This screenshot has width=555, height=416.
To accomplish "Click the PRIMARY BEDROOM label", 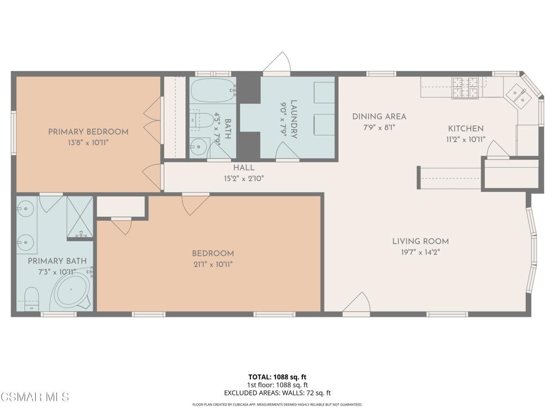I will tap(88, 132).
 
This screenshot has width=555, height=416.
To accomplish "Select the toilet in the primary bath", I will tap(31, 298).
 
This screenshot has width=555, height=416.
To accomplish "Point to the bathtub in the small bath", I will tap(213, 90).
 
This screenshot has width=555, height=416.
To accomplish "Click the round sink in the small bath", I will tap(198, 146).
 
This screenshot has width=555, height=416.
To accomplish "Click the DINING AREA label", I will tap(379, 116).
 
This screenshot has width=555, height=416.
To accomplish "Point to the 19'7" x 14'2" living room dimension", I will tap(421, 252).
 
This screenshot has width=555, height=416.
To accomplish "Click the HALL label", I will tap(243, 168).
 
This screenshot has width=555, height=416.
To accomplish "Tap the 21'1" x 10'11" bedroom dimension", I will tap(212, 264).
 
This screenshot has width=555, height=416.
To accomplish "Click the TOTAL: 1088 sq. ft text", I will tap(277, 376).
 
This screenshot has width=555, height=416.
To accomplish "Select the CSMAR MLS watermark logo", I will tap(35, 398).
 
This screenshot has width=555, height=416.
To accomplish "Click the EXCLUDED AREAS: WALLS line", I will tap(277, 393).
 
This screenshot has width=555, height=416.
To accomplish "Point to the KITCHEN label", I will tap(465, 129).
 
